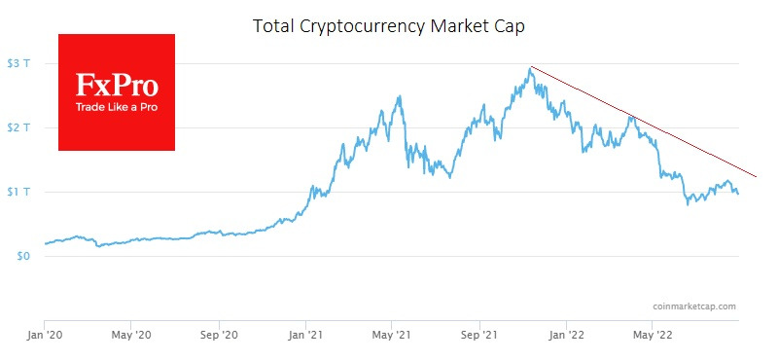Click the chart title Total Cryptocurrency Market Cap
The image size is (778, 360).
point(388,26)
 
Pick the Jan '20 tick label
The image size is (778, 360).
point(45,336)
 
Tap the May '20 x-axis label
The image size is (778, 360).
point(130,336)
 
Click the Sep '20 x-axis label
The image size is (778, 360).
point(219,336)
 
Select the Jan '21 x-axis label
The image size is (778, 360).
point(305,336)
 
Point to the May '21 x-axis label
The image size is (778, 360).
point(390,336)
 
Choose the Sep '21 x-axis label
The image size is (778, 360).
point(478,336)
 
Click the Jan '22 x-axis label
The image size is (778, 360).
point(565,336)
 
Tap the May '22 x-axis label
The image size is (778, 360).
point(650,336)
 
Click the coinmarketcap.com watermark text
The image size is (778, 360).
point(693,306)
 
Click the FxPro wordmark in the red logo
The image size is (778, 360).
point(117,85)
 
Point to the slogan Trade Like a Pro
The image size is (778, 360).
point(117,106)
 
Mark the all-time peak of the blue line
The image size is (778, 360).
point(530,67)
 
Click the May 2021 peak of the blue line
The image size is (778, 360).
point(401,96)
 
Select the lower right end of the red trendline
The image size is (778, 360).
point(756,177)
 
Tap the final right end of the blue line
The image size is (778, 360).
point(737,194)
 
